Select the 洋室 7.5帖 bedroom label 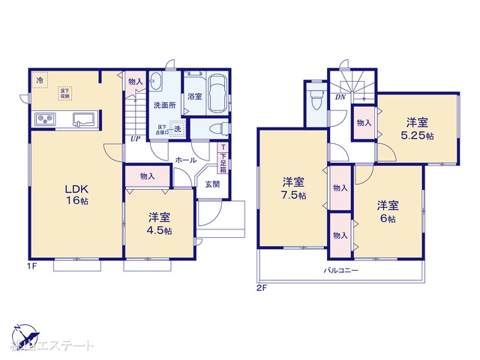(x=293, y=187)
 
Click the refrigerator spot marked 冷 (x=38, y=78)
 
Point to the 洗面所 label (x=164, y=105)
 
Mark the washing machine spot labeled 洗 (x=178, y=129)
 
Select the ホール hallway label (x=185, y=160)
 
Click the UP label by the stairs (x=135, y=139)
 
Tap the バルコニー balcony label (x=341, y=268)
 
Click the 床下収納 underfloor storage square (x=65, y=94)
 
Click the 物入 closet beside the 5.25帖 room (x=363, y=122)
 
